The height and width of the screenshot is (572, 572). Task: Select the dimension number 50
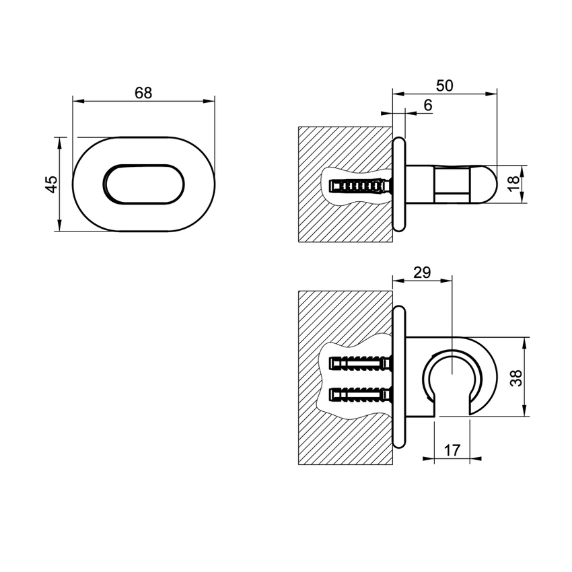[444, 85]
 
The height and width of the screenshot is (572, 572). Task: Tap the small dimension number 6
[428, 105]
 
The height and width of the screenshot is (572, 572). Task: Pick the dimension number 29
[422, 273]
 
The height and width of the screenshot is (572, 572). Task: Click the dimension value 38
[515, 377]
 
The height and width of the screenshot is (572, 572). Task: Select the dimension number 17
[452, 450]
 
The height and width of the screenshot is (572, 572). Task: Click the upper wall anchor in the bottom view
[359, 364]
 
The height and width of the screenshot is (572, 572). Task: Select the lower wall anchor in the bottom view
[359, 393]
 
